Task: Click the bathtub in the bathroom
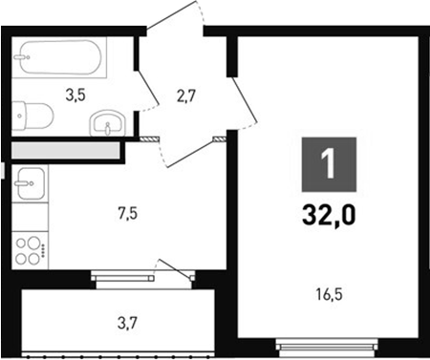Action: (59, 59)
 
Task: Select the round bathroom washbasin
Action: (106, 124)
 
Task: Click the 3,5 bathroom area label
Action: (75, 95)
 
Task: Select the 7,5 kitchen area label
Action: (127, 213)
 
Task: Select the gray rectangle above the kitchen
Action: (64, 150)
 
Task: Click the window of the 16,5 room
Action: (326, 341)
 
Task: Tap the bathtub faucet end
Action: (23, 58)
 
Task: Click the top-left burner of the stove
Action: (24, 241)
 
